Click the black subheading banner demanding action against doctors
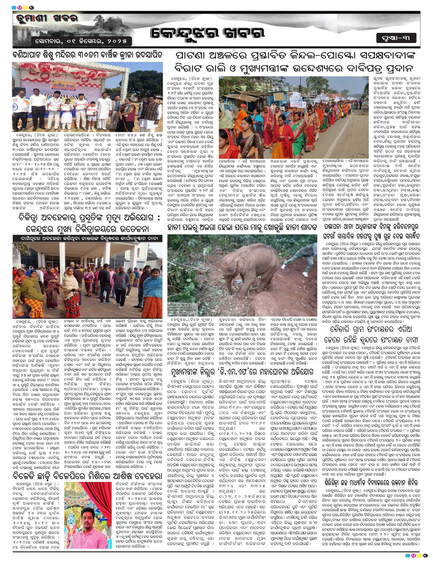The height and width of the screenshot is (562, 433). coord(88,239)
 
